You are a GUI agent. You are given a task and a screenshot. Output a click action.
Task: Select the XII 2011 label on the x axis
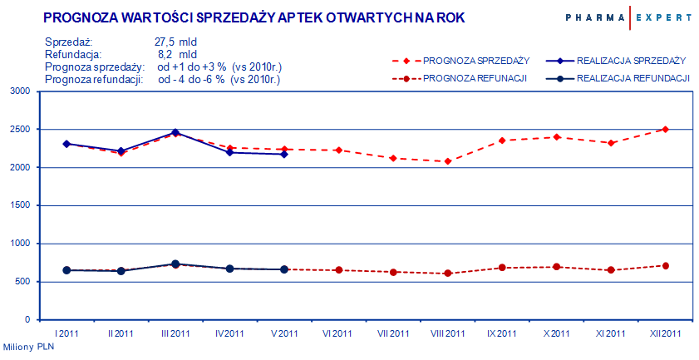[665, 333]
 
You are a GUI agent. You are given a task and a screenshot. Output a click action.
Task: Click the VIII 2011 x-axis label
[447, 333]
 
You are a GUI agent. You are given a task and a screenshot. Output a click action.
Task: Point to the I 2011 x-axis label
[66, 333]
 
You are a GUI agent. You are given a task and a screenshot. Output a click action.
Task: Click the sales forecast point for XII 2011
[665, 129]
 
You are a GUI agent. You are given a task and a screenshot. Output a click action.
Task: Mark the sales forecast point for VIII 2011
[447, 161]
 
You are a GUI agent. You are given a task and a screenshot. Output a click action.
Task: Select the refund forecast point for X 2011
[556, 267]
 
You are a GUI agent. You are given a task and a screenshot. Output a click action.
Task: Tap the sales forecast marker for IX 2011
[502, 141]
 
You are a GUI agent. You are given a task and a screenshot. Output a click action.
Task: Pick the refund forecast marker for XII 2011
[665, 266]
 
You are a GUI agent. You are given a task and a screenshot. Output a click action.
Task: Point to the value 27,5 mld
[176, 42]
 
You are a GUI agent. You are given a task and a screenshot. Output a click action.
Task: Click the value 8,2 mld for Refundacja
[177, 54]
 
